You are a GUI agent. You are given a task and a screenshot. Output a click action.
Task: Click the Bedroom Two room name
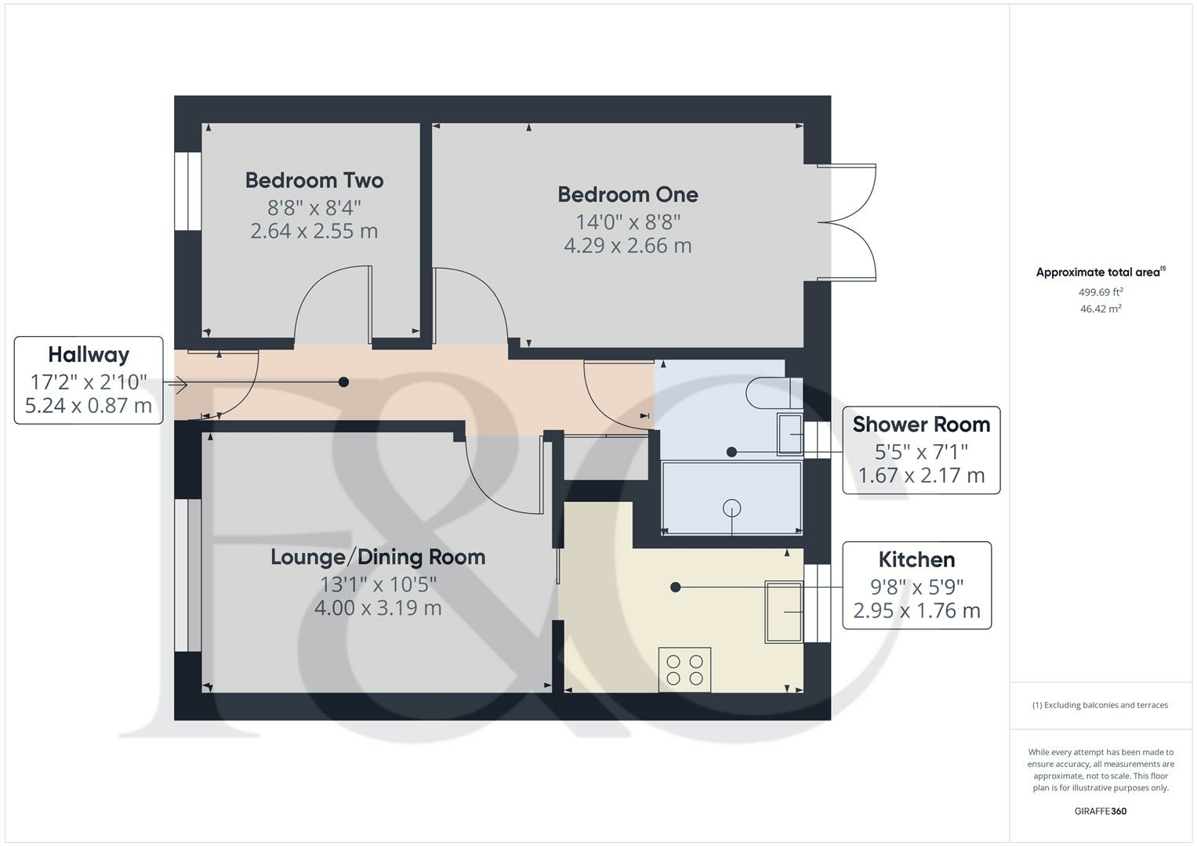314,180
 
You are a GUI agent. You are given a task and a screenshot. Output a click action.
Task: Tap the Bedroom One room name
627,194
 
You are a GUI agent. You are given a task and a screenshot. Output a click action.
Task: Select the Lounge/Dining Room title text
378,557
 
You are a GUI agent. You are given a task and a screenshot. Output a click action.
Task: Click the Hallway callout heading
89,355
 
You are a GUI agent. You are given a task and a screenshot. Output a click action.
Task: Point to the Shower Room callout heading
921,425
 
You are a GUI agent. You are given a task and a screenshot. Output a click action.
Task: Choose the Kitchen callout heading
916,560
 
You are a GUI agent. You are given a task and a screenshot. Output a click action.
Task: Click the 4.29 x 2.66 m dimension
627,246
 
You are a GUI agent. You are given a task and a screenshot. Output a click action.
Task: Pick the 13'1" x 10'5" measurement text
378,584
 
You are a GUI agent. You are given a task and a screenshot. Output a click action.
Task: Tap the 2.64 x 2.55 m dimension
314,232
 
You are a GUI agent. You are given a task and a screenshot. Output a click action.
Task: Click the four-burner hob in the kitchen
685,670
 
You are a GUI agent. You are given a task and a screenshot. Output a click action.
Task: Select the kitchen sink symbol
784,612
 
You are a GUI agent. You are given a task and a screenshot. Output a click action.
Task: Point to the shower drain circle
732,508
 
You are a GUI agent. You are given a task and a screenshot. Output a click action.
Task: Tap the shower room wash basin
790,434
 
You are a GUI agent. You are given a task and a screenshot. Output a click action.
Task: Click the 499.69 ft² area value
1101,292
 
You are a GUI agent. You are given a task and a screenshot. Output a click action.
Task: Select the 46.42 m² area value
1101,309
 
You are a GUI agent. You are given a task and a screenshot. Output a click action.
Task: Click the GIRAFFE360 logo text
1100,811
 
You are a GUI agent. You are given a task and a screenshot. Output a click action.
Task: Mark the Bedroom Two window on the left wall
187,191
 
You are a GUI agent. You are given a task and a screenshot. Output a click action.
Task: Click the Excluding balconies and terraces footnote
1100,705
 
